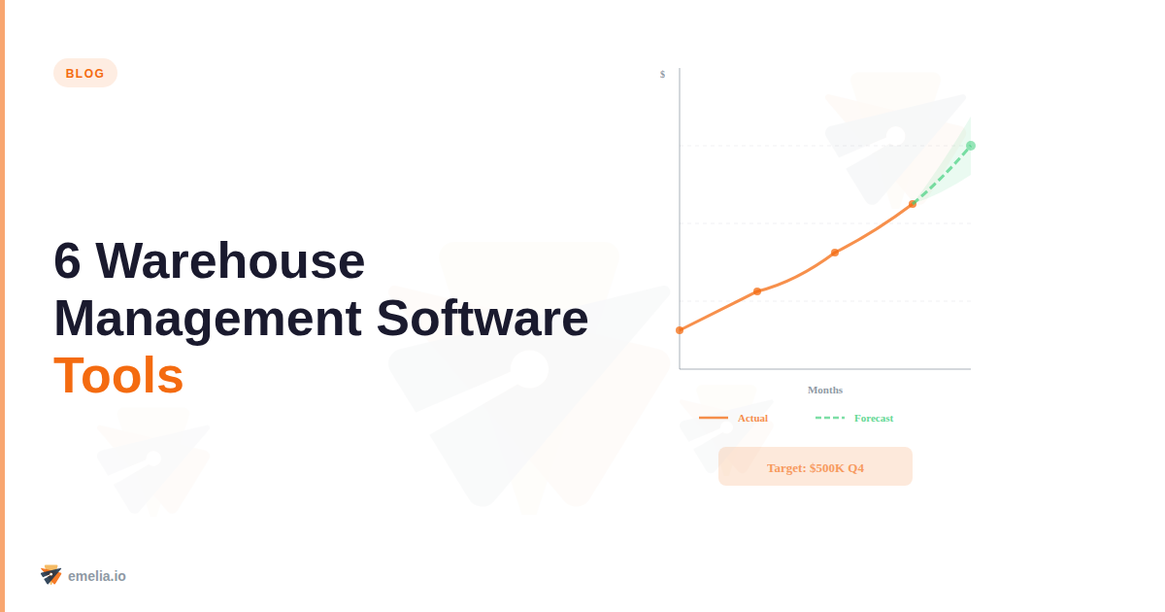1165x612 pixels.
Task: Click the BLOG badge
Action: coord(85,73)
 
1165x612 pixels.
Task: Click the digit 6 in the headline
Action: coord(67,260)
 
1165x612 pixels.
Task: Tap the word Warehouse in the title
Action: coord(230,260)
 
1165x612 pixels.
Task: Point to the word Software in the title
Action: coord(483,318)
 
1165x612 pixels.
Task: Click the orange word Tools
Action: coord(118,375)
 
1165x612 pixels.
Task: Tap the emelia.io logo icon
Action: coord(50,575)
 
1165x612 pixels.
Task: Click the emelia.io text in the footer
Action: coord(97,576)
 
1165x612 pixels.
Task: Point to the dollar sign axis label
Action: coord(662,74)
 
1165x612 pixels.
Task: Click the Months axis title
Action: coord(825,390)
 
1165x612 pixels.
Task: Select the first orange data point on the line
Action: coord(680,330)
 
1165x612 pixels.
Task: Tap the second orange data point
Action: coord(757,291)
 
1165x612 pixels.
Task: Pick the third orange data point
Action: coord(835,253)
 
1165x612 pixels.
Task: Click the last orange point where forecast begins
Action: coord(913,204)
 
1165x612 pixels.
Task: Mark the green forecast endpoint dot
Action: coord(971,146)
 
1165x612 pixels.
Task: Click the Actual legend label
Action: coord(752,418)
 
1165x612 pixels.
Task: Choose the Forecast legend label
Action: coord(874,418)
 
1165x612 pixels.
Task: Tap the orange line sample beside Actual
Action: coord(714,418)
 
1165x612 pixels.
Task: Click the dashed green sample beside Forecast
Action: coord(830,418)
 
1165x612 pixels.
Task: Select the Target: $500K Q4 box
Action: coord(815,466)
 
